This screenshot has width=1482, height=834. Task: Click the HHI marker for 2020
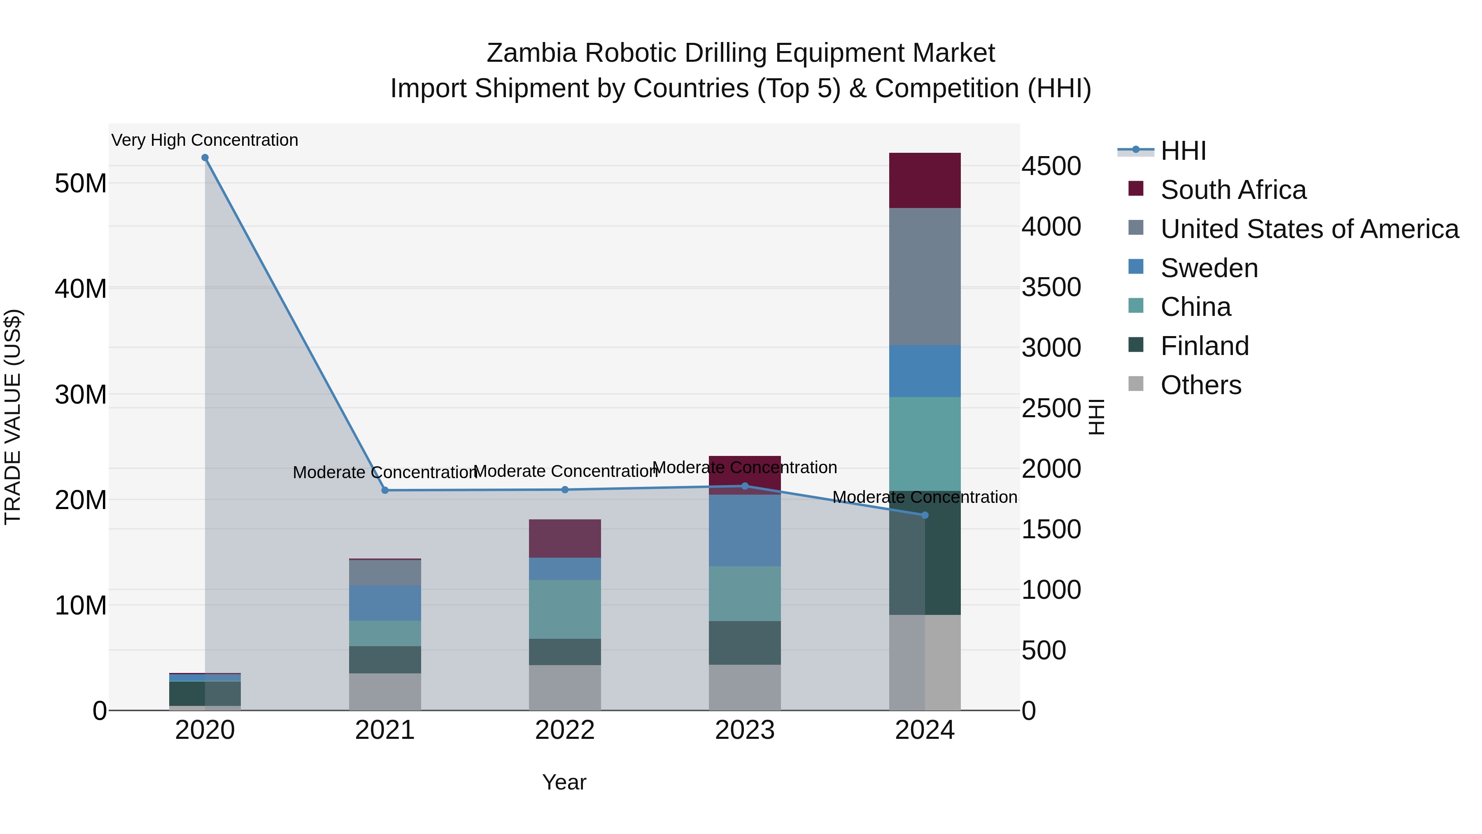[x=205, y=158]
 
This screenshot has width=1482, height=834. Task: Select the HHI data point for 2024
[x=925, y=515]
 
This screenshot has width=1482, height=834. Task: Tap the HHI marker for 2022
[x=565, y=490]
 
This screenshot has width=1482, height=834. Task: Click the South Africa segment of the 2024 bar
[x=925, y=180]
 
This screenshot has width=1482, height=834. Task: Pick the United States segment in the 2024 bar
[x=925, y=276]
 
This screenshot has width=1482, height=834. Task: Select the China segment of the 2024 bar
[x=925, y=443]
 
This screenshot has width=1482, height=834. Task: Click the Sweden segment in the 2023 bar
[x=744, y=530]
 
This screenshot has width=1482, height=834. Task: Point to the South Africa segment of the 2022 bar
[x=565, y=538]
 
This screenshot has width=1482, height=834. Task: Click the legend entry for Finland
[x=1204, y=346]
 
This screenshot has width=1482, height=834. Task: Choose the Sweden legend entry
[x=1209, y=268]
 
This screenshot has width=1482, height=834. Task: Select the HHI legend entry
[x=1183, y=151]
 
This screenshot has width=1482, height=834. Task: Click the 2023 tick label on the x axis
[x=744, y=730]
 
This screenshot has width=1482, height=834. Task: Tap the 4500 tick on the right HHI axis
[x=1051, y=166]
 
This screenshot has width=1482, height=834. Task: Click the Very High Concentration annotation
[x=205, y=140]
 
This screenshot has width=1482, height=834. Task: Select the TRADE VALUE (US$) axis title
[x=13, y=417]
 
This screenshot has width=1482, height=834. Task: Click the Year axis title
[x=564, y=782]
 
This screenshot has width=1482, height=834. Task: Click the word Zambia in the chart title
[x=531, y=53]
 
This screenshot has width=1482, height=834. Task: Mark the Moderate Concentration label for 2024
[x=925, y=497]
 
